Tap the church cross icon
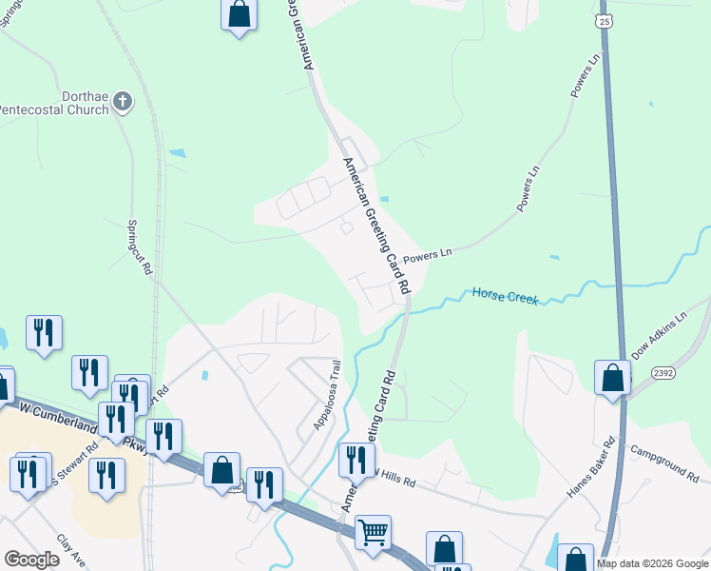point(122,101)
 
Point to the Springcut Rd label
point(140,247)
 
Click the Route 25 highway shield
point(605,20)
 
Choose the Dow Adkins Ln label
point(659,335)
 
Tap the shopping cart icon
point(373,531)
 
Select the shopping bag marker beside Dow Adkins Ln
point(613,377)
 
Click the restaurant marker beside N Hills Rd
point(356,460)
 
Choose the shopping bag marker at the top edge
point(239,14)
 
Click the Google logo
point(31,560)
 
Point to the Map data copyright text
point(652,563)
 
